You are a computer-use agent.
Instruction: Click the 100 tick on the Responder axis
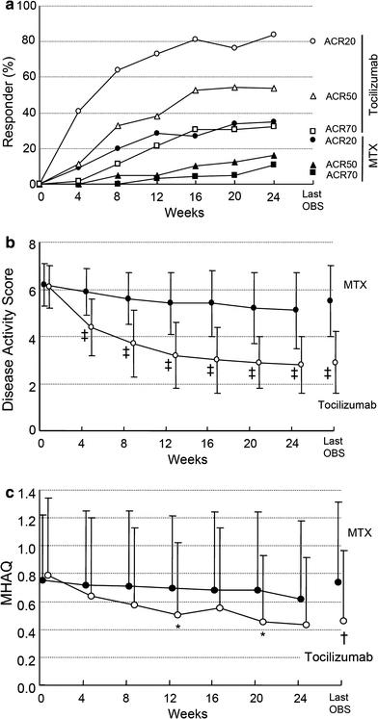point(21,7)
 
